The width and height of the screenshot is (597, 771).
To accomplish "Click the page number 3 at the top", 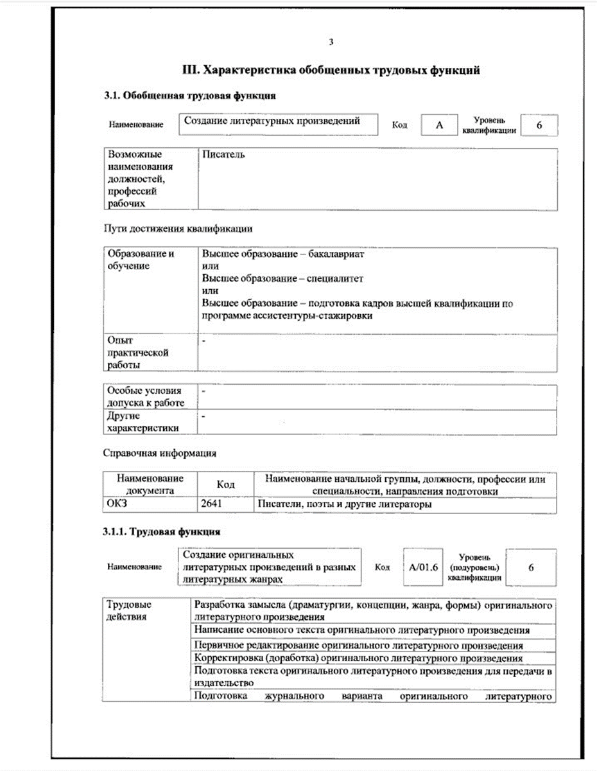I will point(331,42).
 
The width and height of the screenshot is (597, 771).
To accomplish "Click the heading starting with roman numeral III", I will point(331,71).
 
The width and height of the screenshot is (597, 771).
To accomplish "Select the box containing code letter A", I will point(439,125).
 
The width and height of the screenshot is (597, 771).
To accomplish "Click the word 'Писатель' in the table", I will point(223,155).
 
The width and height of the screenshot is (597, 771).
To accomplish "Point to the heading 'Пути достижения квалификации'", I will point(178,228).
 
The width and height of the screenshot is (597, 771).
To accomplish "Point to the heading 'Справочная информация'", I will point(159,453).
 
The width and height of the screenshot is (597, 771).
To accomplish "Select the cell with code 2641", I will point(211,504).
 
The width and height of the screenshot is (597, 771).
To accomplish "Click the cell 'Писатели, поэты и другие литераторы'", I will point(344,504).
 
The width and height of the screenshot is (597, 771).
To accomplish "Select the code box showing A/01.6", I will point(422,567).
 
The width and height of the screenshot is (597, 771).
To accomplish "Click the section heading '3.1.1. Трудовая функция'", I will point(162,532).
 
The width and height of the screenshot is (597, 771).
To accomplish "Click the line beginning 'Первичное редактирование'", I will point(358,645).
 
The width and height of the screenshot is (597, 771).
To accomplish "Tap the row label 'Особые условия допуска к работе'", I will point(144,396).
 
